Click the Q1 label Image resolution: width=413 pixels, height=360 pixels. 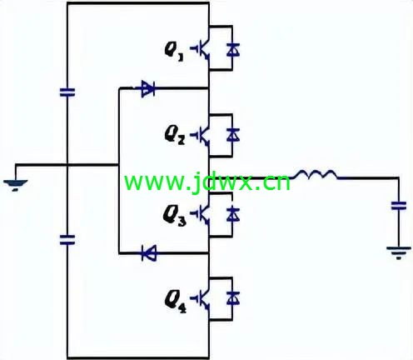pos(174,52)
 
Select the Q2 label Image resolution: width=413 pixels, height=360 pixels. pos(175,136)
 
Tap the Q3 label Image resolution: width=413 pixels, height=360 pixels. pos(175,217)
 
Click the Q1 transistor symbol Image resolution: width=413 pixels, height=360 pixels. pos(201,49)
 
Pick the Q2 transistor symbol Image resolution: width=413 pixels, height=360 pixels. pos(201,135)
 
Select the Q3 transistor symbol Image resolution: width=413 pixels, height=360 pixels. pos(201,214)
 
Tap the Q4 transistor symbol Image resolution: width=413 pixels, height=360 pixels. pos(201,299)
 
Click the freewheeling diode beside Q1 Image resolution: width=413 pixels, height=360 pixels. pos(232,50)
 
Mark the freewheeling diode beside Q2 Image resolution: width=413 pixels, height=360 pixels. pos(232,135)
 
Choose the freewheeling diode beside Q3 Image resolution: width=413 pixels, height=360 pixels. pos(232,214)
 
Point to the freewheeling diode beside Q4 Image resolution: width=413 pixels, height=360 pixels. pos(232,298)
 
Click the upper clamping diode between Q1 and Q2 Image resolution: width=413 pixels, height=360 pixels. pos(148,89)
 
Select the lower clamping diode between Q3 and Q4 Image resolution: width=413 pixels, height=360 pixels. pos(149,253)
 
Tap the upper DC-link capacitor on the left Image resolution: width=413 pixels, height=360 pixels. pos(67,92)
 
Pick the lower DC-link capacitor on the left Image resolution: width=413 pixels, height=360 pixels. pos(67,240)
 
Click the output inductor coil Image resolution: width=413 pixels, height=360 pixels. pos(315,174)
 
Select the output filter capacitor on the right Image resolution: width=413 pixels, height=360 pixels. pos(399,206)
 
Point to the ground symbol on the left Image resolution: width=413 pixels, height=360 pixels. pos(16,186)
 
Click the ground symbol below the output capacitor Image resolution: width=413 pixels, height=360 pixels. pos(399,252)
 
